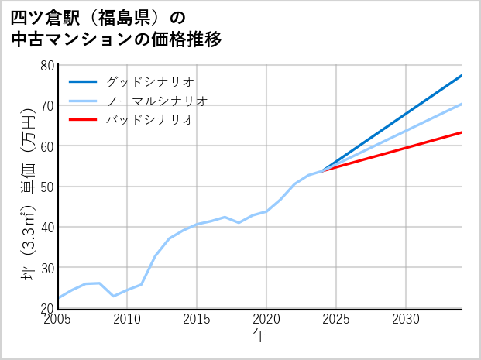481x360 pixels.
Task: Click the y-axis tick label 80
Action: tap(46, 65)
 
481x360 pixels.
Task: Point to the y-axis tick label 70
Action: tap(46, 105)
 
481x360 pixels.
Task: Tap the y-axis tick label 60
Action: tap(46, 146)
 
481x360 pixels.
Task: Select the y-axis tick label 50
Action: tap(46, 187)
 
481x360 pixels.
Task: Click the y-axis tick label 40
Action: tap(46, 227)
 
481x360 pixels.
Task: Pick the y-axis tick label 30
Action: tap(46, 268)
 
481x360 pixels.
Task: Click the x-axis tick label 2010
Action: tap(128, 319)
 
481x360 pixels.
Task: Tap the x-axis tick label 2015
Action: tap(197, 319)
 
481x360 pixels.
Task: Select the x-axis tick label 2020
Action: tap(266, 319)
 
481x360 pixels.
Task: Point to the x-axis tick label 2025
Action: tap(336, 319)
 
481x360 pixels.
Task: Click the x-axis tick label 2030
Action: tap(406, 319)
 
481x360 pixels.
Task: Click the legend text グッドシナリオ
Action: tap(149, 81)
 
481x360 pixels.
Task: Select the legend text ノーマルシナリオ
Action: tap(156, 101)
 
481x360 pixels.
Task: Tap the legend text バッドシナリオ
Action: tap(149, 120)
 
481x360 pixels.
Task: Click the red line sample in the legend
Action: tap(84, 120)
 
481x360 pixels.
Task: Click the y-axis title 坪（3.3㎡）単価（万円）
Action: tap(28, 197)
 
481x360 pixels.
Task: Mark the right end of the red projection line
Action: tap(462, 132)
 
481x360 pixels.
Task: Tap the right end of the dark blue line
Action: tap(462, 75)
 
